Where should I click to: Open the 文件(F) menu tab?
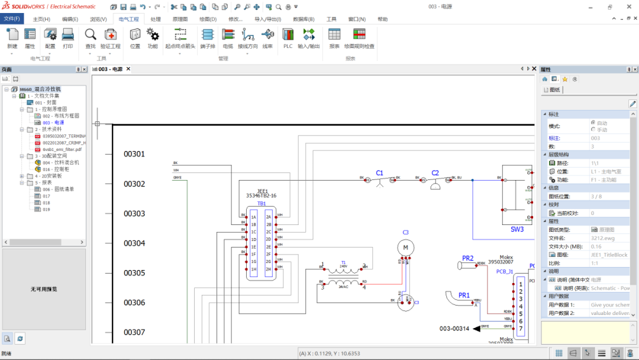click(x=12, y=19)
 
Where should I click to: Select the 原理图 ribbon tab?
click(x=180, y=19)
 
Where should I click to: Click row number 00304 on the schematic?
click(x=134, y=243)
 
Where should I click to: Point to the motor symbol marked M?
click(x=405, y=247)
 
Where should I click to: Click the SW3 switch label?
click(x=517, y=229)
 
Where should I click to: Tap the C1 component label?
click(x=379, y=173)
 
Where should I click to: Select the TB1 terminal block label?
click(x=261, y=203)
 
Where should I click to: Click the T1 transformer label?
click(x=343, y=262)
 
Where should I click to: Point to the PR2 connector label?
click(x=467, y=258)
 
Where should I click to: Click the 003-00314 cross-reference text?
click(x=454, y=328)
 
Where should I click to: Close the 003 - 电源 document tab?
click(x=128, y=69)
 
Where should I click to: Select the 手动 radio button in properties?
click(x=593, y=130)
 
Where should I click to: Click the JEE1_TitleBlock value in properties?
click(x=609, y=255)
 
